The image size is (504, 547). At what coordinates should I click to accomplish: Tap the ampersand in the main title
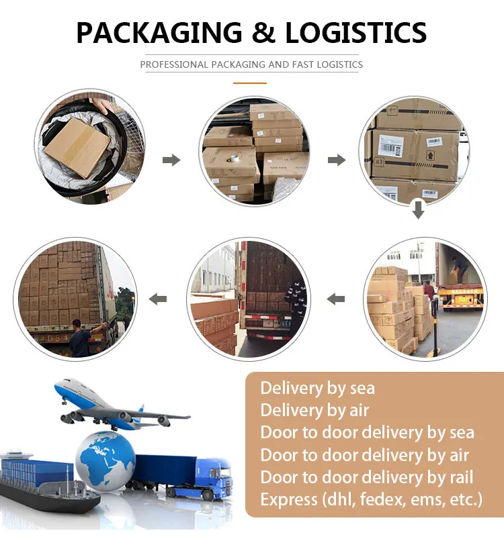pyautogui.click(x=259, y=32)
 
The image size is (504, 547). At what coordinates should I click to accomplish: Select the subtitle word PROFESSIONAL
pyautogui.click(x=174, y=65)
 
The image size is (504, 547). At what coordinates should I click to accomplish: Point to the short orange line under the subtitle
pyautogui.click(x=250, y=83)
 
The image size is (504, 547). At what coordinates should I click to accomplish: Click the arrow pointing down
pyautogui.click(x=418, y=210)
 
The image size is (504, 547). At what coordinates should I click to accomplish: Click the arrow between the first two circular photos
pyautogui.click(x=172, y=160)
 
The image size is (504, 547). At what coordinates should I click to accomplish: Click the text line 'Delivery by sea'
pyautogui.click(x=317, y=388)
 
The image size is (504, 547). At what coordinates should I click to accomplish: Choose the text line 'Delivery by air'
pyautogui.click(x=314, y=410)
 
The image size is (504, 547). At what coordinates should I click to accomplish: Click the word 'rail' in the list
pyautogui.click(x=459, y=477)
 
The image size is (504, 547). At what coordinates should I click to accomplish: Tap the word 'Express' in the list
pyautogui.click(x=288, y=499)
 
